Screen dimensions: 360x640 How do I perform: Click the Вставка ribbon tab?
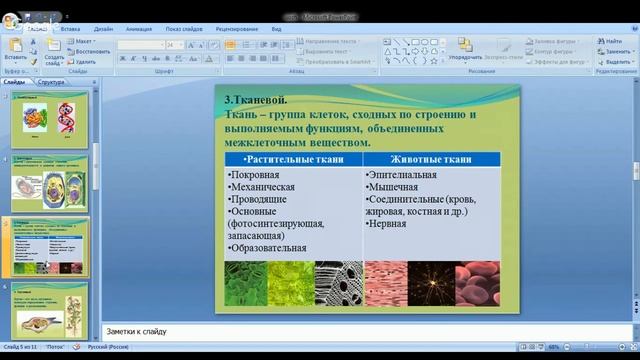pos(70,29)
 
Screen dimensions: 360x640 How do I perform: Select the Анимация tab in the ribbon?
pos(139,29)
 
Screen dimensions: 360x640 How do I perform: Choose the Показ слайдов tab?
pos(187,29)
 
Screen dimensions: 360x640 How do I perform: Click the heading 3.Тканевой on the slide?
pos(255,100)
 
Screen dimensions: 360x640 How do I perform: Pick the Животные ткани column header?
pos(431,159)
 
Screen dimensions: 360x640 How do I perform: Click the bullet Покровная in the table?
pos(254,175)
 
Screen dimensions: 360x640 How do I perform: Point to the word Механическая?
pos(262,187)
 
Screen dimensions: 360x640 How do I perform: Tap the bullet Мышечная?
pos(392,187)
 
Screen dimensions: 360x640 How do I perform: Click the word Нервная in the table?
pos(389,224)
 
